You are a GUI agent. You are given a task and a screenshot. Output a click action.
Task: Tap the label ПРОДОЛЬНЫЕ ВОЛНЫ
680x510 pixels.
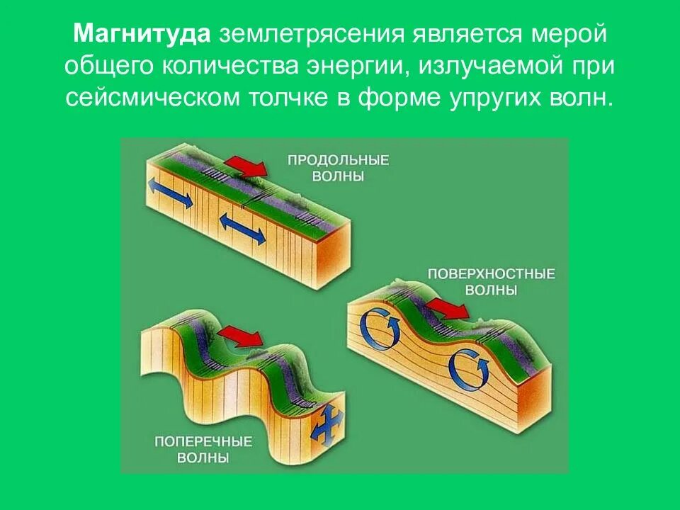tap(338, 168)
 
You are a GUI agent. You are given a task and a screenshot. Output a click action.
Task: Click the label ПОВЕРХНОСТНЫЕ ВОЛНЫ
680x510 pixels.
tap(491, 281)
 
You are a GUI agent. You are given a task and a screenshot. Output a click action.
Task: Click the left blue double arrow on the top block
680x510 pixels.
tap(170, 193)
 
